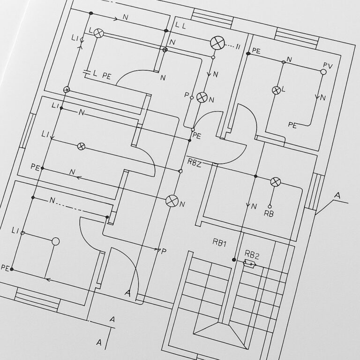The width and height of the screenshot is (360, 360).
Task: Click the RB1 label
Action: [x=219, y=242]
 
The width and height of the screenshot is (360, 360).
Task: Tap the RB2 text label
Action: [x=252, y=255]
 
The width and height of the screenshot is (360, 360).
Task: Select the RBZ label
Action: [x=194, y=162]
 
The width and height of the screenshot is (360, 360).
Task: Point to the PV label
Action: [x=327, y=66]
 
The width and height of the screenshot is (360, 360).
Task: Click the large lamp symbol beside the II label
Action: [x=217, y=43]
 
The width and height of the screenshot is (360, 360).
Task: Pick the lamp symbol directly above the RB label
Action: [x=276, y=182]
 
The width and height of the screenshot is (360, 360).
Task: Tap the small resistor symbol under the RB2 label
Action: [x=250, y=265]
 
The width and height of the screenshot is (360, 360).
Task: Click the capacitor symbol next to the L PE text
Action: [x=86, y=73]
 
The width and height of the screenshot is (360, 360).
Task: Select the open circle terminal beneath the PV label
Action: [x=323, y=72]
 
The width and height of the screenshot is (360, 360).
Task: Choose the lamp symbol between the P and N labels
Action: [x=202, y=97]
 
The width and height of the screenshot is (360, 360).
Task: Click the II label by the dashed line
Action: [x=238, y=46]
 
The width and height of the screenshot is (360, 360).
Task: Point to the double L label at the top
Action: [x=180, y=25]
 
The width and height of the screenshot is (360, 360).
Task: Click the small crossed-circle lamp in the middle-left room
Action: [x=81, y=146]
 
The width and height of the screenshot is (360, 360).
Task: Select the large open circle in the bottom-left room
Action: [x=55, y=241]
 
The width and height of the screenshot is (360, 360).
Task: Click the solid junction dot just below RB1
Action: [x=233, y=260]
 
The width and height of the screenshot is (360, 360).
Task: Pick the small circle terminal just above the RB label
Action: [x=270, y=206]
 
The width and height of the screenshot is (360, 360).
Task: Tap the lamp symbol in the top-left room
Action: [x=98, y=33]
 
